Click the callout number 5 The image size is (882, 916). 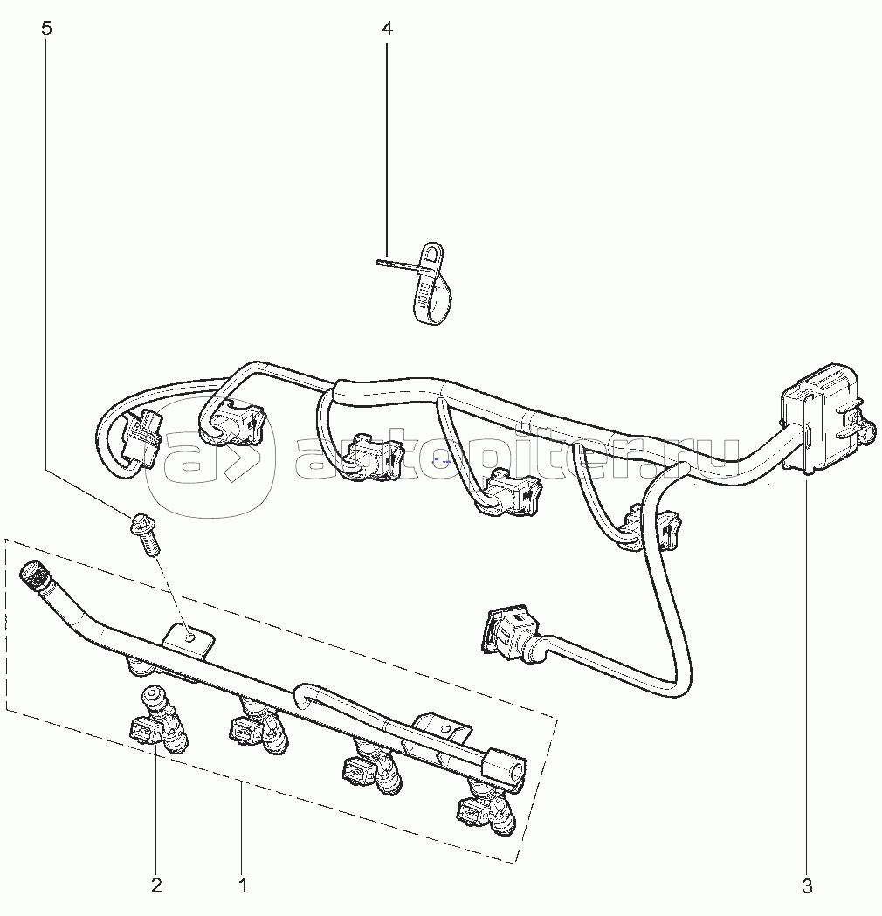click(x=47, y=28)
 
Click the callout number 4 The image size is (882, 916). click(x=387, y=28)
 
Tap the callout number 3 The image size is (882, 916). click(x=807, y=886)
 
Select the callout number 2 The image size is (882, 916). click(x=156, y=885)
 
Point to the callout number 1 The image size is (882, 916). click(x=244, y=885)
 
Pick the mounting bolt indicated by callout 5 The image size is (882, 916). click(x=146, y=533)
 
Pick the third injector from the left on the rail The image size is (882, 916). click(x=371, y=766)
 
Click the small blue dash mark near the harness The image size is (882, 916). click(x=442, y=461)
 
